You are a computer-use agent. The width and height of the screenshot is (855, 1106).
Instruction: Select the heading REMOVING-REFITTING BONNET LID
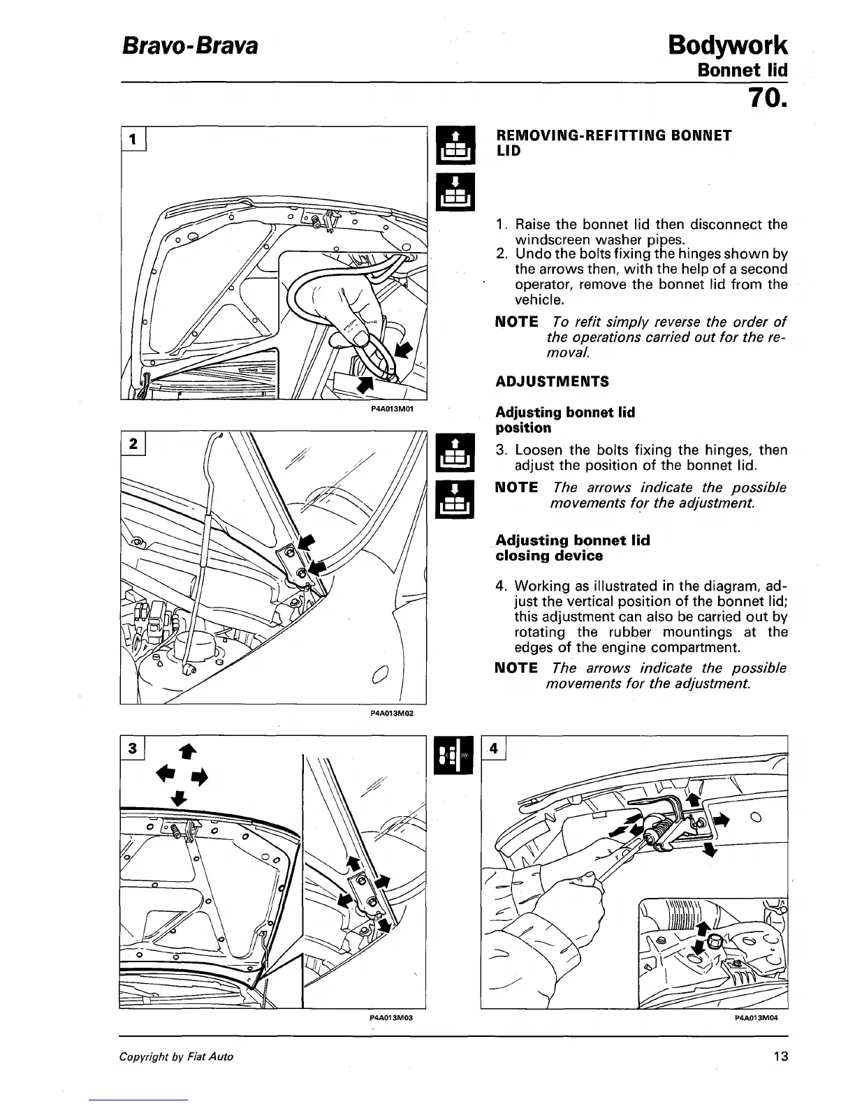coord(613,142)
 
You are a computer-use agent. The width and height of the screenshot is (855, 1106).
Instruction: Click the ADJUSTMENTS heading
coord(552,381)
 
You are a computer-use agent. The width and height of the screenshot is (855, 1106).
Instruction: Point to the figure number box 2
coord(133,443)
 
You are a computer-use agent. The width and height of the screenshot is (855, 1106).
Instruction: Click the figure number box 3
coord(133,749)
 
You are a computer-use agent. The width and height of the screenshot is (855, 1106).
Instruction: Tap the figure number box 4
coord(494,748)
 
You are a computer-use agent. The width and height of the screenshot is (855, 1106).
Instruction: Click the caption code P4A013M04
coord(756,1018)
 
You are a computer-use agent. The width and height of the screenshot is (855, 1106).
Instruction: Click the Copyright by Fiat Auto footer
coord(176,1056)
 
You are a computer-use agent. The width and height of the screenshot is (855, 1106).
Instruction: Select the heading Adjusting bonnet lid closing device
coord(572,548)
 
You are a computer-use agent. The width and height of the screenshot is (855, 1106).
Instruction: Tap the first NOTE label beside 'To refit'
coord(516,322)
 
